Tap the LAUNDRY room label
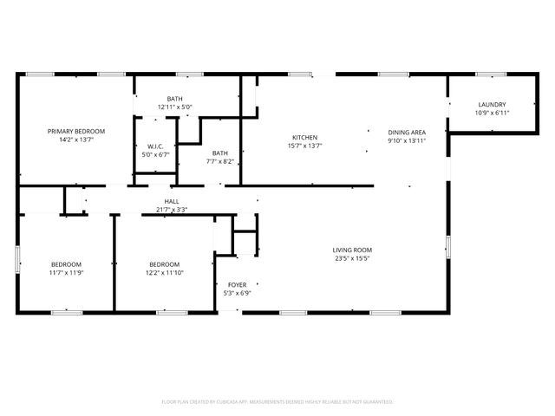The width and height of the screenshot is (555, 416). (492, 105)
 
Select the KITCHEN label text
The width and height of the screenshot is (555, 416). (304, 138)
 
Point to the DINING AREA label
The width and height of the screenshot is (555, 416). (406, 132)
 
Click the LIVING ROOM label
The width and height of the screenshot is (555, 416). (352, 250)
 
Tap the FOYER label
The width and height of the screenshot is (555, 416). (237, 284)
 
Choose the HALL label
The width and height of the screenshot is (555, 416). (172, 201)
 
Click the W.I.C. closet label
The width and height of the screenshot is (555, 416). (156, 146)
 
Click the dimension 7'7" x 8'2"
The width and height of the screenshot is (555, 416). (220, 161)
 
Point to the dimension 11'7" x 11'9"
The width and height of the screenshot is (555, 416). (66, 273)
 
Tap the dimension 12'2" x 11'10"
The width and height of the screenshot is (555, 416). (164, 273)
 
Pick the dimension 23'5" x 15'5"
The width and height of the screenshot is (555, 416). (352, 258)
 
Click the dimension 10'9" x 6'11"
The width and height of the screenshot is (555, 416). (492, 113)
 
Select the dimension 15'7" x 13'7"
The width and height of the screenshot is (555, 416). (304, 146)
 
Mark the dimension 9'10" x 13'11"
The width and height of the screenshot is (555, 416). (406, 140)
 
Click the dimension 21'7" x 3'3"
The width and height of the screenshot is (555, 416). (172, 210)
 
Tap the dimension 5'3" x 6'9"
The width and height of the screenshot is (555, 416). (237, 293)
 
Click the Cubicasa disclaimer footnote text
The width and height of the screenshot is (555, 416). (277, 402)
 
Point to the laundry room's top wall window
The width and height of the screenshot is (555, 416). (492, 75)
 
